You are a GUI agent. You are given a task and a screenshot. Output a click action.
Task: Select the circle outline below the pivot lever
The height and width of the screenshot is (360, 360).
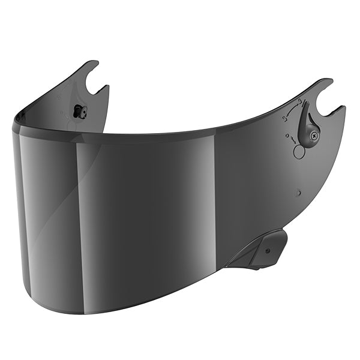[x=299, y=152]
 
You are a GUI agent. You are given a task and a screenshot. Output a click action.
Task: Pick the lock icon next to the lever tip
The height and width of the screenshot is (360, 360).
[x=299, y=100]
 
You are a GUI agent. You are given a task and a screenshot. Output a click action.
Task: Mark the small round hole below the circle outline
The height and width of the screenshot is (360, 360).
[x=298, y=193]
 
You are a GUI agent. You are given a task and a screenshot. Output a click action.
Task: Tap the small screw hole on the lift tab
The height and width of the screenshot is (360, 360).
[x=267, y=250]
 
